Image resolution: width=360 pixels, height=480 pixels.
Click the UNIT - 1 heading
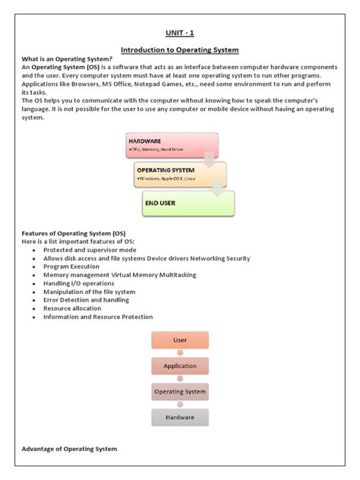click(x=179, y=33)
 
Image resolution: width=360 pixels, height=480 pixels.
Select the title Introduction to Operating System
click(x=180, y=50)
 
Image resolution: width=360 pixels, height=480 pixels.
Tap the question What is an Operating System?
click(x=68, y=59)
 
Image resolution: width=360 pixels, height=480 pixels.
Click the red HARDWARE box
click(x=172, y=145)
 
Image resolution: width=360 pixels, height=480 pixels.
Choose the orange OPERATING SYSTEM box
click(x=180, y=174)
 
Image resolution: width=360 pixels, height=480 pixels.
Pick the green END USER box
click(x=188, y=203)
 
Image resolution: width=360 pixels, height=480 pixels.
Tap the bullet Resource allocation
click(x=74, y=308)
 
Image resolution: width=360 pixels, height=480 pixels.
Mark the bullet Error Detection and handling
click(x=87, y=300)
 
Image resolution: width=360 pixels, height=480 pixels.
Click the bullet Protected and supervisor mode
click(x=90, y=250)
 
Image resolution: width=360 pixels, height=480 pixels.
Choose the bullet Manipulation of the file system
click(x=89, y=292)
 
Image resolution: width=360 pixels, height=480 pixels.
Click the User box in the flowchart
click(x=180, y=340)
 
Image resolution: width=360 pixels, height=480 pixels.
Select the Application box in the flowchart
click(x=180, y=366)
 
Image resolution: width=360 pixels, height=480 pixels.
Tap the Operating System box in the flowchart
click(x=180, y=392)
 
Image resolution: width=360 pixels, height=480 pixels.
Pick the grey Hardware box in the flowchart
click(x=180, y=418)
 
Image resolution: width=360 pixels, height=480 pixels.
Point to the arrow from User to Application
click(x=180, y=353)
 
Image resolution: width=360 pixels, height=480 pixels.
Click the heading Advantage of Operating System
click(x=70, y=449)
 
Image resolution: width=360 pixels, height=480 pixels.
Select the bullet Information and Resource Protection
click(x=98, y=317)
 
